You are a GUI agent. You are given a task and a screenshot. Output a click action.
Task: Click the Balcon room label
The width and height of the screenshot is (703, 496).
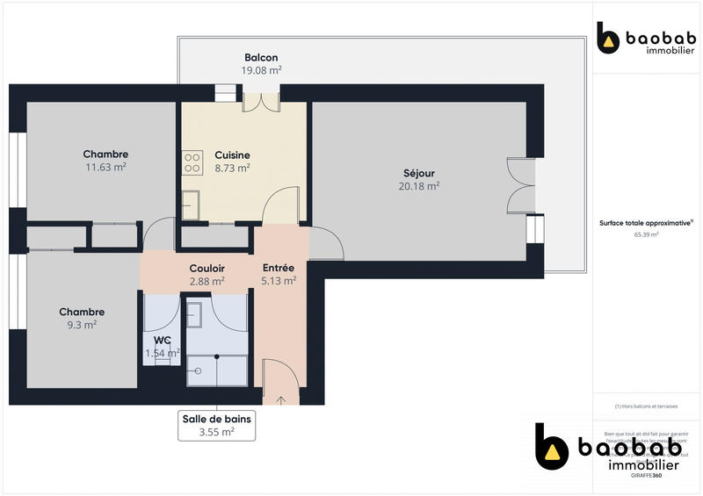pos(262,58)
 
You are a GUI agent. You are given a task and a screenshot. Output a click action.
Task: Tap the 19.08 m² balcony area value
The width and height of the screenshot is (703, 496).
pos(262,70)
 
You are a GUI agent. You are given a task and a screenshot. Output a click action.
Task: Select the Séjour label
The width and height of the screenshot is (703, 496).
pos(419,173)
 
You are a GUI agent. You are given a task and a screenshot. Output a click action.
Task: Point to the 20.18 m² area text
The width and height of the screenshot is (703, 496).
pos(419,186)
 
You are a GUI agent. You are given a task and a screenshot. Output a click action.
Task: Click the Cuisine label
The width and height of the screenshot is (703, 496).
pos(233,155)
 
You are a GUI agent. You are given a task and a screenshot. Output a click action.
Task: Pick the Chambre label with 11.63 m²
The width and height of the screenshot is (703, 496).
pos(105,155)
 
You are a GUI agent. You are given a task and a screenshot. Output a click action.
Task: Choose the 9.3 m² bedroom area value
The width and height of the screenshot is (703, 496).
pos(82,325)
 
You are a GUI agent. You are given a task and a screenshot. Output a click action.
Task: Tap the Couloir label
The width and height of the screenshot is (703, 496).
pos(207,269)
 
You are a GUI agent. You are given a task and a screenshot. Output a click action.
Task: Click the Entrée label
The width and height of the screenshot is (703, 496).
pos(279,268)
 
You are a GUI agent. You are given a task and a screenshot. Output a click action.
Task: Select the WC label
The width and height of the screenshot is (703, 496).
pos(162,340)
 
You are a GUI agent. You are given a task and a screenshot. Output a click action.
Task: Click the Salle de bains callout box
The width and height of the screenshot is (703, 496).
pos(216,425)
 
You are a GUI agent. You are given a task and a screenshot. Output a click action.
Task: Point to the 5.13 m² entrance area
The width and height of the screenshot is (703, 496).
pos(279,281)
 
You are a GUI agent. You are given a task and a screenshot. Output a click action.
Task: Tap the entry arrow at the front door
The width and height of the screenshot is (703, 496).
pos(281,400)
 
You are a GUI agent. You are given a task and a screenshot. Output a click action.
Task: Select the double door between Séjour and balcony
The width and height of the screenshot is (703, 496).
pos(520,186)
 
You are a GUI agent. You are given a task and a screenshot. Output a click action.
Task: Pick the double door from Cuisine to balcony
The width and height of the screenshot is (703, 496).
pos(261,99)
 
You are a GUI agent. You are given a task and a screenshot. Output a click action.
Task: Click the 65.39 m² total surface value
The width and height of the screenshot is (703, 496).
pos(646,235)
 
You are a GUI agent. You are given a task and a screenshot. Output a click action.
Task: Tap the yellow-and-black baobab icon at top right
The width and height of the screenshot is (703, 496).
pos(608,39)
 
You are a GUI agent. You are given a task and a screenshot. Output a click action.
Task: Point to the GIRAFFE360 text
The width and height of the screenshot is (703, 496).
pos(646,475)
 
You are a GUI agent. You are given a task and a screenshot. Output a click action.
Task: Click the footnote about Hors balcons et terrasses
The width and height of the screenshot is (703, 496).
pos(646,406)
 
